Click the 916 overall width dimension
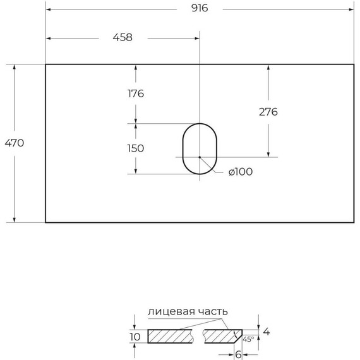click(x=200, y=8)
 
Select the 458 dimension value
click(x=123, y=37)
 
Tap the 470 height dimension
click(x=15, y=143)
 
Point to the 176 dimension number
click(x=136, y=93)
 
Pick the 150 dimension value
click(x=136, y=148)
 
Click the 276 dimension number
click(x=268, y=112)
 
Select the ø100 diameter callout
click(x=241, y=172)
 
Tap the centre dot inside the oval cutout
click(x=200, y=157)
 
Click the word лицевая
click(x=171, y=311)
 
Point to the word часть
click(x=213, y=311)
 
